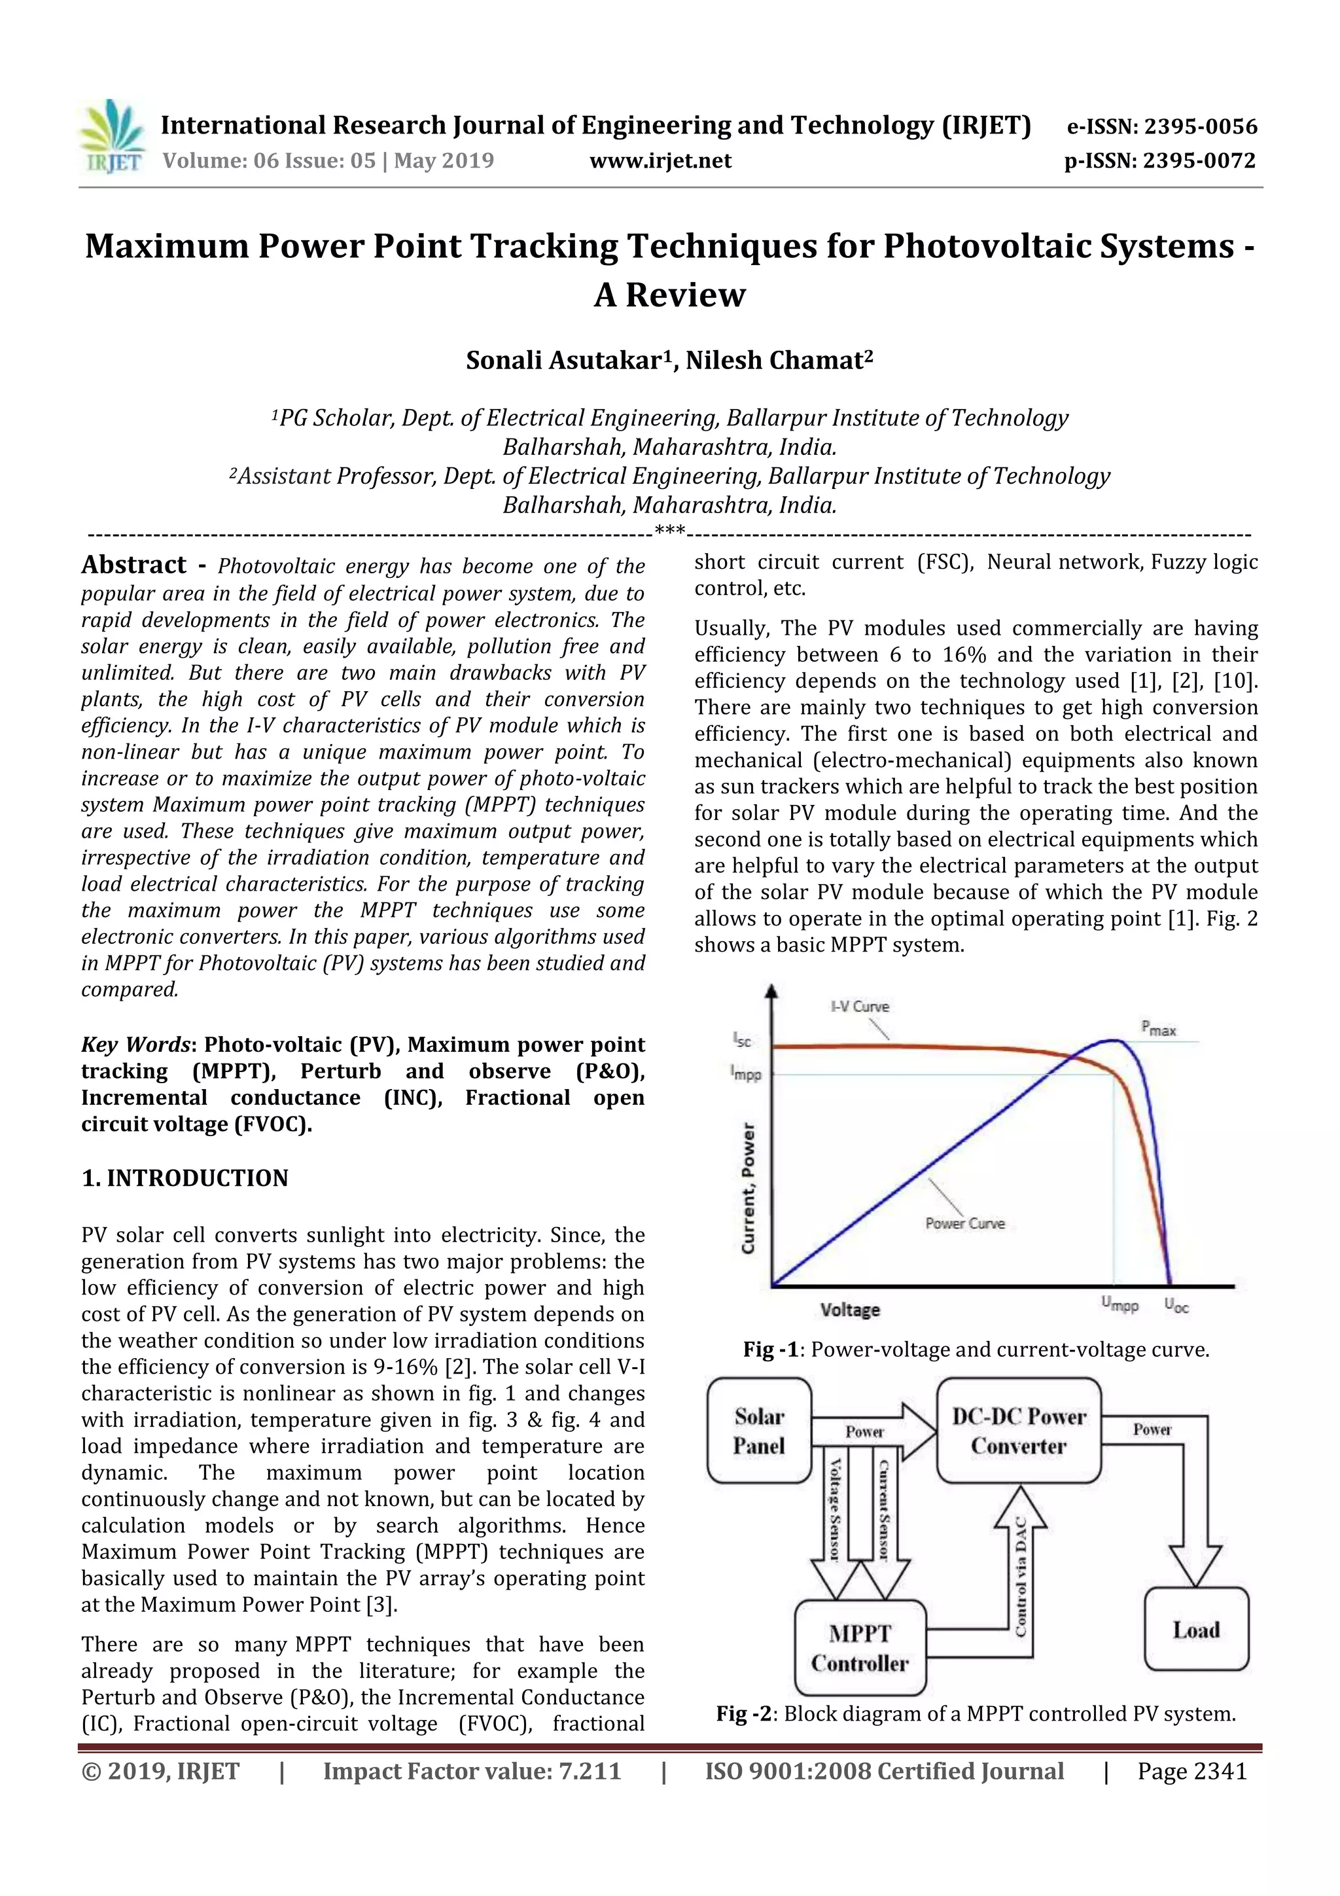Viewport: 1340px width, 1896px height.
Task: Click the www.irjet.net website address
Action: point(660,160)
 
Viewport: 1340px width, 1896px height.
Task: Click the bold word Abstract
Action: point(133,565)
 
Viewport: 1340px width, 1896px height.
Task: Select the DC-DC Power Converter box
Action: point(1019,1431)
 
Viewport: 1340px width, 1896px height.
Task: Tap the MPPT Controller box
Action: point(860,1648)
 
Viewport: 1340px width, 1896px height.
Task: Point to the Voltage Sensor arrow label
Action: point(835,1508)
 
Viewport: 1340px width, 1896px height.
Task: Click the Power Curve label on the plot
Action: point(964,1224)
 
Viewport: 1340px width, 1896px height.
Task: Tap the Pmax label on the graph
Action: point(1158,1029)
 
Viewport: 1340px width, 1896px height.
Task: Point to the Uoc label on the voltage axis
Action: point(1176,1306)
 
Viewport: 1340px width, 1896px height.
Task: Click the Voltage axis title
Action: point(849,1310)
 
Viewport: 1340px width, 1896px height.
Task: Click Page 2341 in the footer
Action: point(1191,1770)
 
